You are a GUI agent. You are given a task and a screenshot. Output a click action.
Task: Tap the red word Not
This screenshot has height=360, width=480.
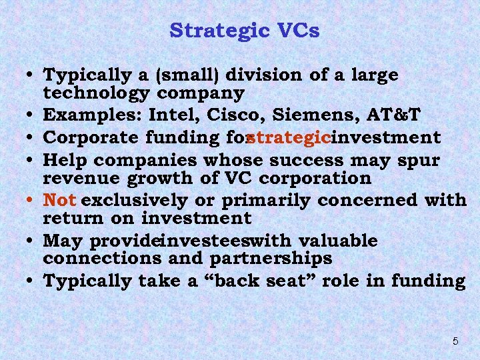point(60,199)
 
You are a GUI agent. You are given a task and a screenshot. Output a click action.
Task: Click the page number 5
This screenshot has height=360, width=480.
point(455,341)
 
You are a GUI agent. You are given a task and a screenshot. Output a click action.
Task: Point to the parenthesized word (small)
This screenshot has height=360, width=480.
point(163,75)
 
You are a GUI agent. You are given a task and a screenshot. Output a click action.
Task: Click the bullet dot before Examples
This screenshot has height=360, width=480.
point(33,117)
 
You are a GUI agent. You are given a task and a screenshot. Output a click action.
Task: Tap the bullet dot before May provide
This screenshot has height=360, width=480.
point(33,241)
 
